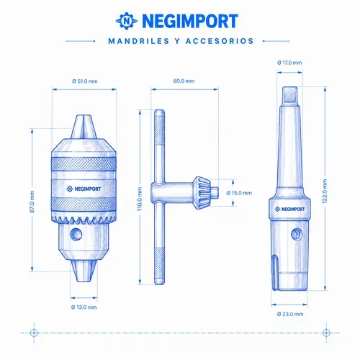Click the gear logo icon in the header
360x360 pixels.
pos(127,21)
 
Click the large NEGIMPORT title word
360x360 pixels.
pos(190,21)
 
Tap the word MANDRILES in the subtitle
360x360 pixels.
pos(139,41)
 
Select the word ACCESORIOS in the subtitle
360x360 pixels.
pos(220,41)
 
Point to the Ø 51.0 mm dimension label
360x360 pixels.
pos(85,81)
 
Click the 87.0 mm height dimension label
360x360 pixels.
pos(32,202)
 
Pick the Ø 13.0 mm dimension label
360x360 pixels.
pos(84,307)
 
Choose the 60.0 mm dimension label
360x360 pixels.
pos(184,81)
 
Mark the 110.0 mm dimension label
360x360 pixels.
pos(140,199)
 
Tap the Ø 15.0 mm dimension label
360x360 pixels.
pos(239,193)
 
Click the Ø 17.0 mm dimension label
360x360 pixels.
pos(289,63)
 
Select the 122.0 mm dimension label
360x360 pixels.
pos(325,192)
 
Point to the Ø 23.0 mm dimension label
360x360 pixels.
pos(290,314)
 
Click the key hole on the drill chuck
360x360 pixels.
pos(76,234)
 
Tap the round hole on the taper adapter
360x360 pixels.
pos(297,234)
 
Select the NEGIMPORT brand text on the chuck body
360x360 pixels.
pos(84,189)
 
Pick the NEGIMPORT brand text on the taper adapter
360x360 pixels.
pos(289,209)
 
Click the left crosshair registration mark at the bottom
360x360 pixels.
pos(34,333)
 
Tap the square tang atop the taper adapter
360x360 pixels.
pos(289,94)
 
